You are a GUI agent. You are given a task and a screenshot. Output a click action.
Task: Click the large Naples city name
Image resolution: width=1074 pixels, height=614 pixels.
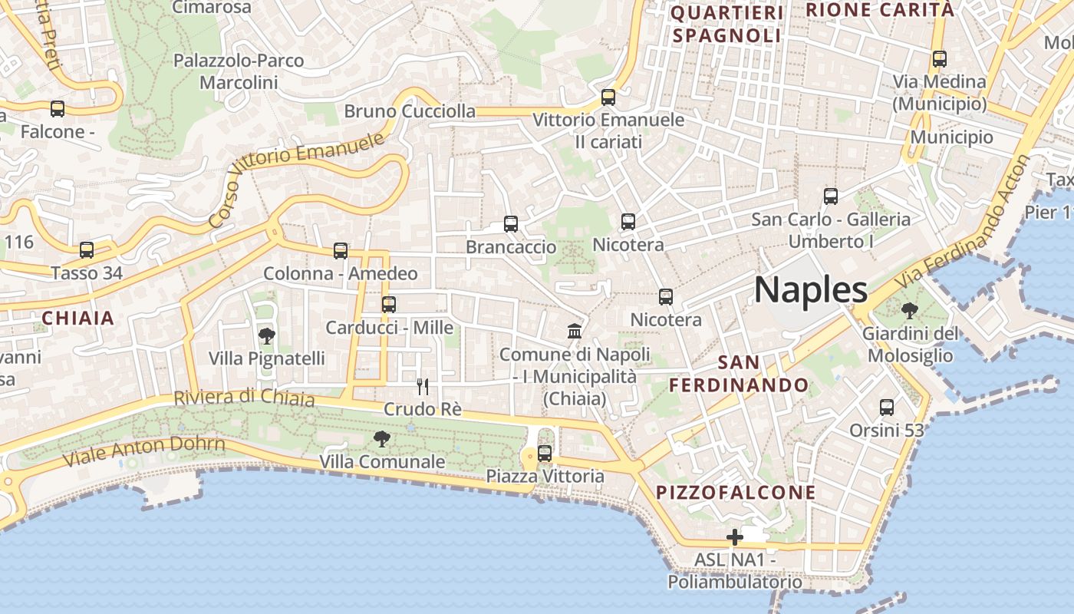click(x=811, y=290)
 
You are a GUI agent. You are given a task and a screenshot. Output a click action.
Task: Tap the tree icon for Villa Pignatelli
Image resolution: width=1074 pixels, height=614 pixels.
click(x=267, y=335)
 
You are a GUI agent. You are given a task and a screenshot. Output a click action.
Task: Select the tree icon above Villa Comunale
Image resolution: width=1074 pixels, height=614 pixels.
click(x=381, y=439)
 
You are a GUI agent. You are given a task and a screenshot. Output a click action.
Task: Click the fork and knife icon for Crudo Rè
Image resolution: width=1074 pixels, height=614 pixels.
click(x=422, y=386)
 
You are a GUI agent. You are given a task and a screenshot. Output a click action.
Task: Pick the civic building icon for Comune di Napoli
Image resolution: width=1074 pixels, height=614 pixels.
click(x=575, y=332)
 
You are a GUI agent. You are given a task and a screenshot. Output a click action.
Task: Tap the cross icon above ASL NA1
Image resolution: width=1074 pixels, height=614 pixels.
click(x=735, y=537)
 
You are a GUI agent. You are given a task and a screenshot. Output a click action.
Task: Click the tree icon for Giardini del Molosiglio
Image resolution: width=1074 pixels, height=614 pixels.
click(x=910, y=311)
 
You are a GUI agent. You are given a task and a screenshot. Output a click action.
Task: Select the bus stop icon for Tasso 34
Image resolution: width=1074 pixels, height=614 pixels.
click(x=87, y=250)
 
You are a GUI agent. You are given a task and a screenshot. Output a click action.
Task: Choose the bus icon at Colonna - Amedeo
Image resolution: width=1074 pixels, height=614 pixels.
click(x=341, y=251)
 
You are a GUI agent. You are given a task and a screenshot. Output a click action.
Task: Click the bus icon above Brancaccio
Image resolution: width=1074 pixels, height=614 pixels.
click(x=511, y=224)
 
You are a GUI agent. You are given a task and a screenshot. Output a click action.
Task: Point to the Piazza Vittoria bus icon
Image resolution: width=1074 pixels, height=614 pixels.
click(x=545, y=454)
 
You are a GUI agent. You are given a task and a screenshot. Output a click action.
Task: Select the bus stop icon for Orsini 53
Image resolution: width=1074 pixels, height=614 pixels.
click(x=887, y=408)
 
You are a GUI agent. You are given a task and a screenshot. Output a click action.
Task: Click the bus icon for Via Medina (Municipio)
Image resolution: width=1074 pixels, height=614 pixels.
click(x=939, y=59)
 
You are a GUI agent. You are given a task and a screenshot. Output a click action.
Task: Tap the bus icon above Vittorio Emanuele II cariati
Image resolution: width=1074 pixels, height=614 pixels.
click(x=608, y=97)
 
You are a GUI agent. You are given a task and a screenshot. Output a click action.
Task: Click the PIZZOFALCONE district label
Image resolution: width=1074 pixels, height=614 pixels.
click(x=736, y=492)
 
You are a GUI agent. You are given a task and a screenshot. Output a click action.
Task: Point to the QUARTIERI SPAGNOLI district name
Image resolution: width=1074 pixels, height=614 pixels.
click(x=726, y=24)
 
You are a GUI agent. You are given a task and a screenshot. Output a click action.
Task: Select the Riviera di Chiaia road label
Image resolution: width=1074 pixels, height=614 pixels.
click(x=244, y=398)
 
